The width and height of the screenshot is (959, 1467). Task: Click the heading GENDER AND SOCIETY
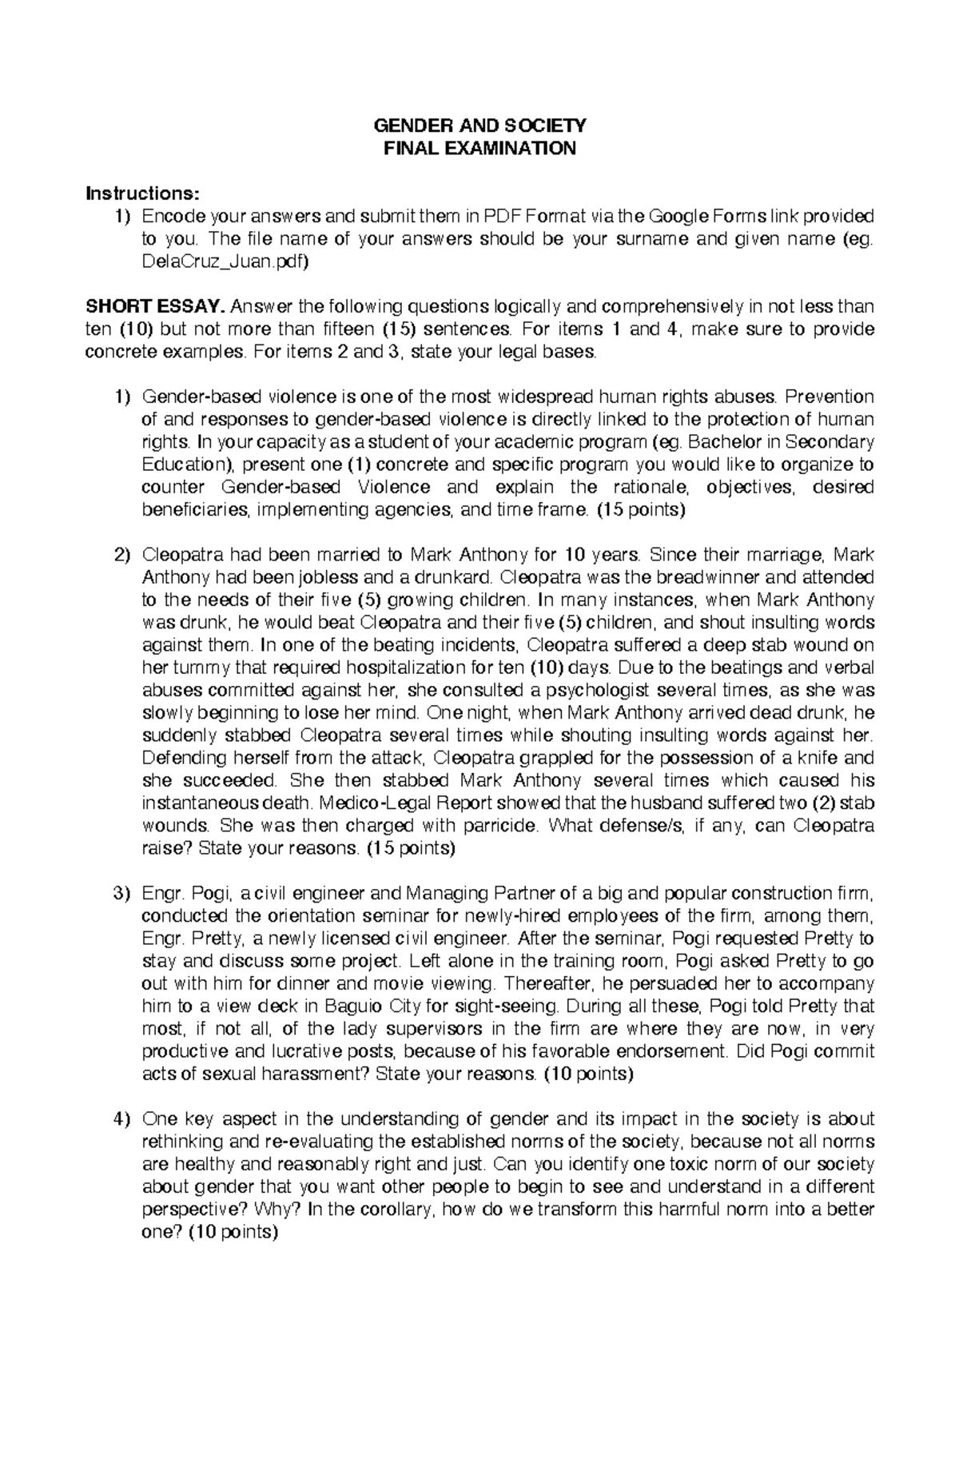[479, 126]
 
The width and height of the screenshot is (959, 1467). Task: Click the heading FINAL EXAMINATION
[479, 149]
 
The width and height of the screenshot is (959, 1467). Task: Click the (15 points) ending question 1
[642, 510]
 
